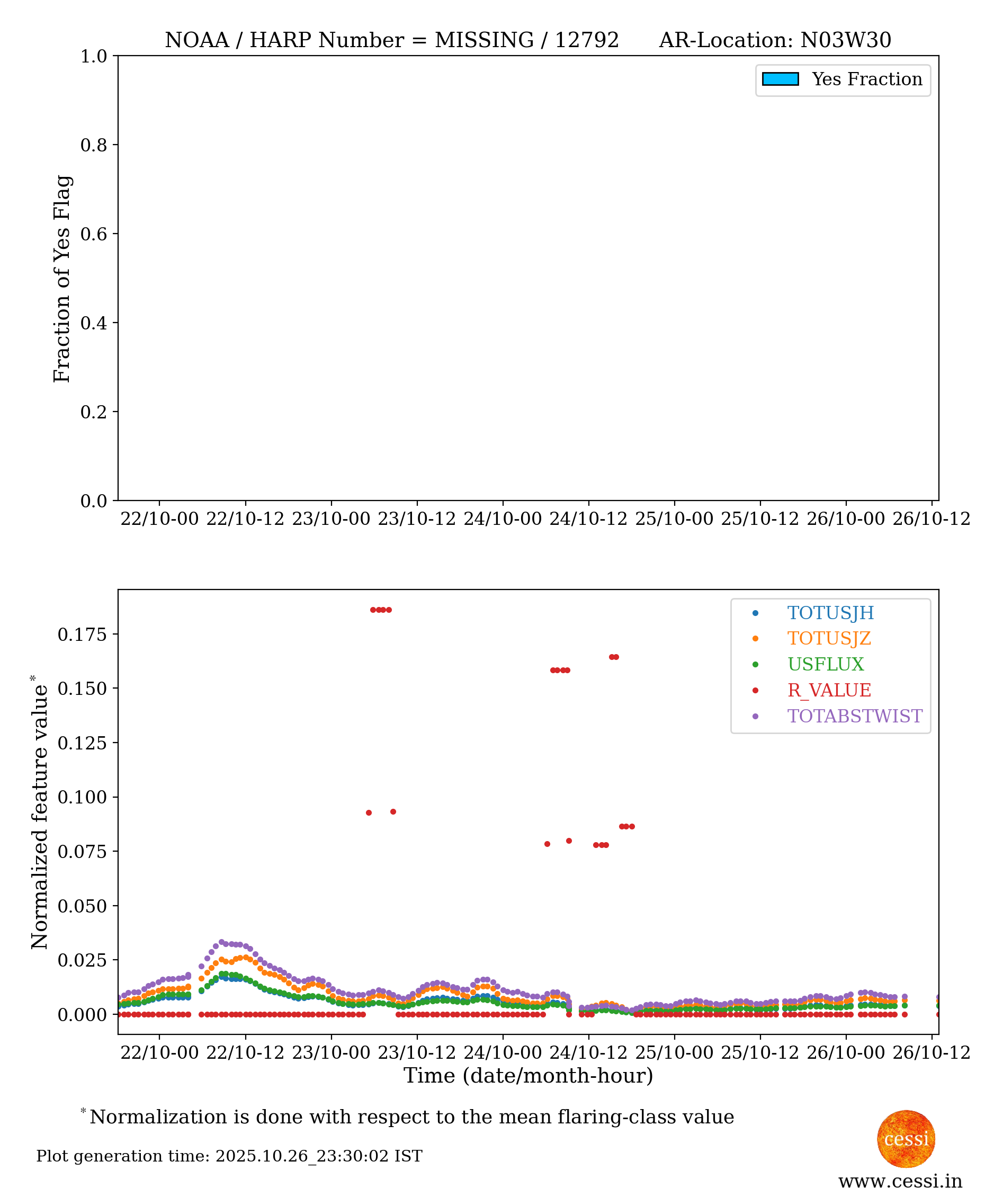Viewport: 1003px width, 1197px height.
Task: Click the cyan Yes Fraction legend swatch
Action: (780, 79)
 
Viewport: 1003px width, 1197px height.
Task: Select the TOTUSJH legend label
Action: (830, 613)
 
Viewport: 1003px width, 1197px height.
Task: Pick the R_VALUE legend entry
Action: (829, 690)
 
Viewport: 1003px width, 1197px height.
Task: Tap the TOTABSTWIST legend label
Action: (855, 716)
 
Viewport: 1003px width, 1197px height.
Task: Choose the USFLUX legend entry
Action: (826, 664)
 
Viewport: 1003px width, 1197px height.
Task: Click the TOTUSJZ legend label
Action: (829, 638)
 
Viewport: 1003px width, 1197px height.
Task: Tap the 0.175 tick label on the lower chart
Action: (82, 634)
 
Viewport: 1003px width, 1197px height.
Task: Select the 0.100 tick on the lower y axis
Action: (82, 797)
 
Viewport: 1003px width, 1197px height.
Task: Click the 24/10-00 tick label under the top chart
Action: (503, 519)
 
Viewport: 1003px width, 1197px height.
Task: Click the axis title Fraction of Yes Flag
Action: (62, 279)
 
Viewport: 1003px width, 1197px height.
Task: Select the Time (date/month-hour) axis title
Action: (529, 1076)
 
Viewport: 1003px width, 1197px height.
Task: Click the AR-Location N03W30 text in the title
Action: (775, 40)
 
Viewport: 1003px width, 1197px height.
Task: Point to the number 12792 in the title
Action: (586, 40)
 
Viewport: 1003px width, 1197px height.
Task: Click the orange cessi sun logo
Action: (906, 1139)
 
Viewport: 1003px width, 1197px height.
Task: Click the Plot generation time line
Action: (229, 1156)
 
